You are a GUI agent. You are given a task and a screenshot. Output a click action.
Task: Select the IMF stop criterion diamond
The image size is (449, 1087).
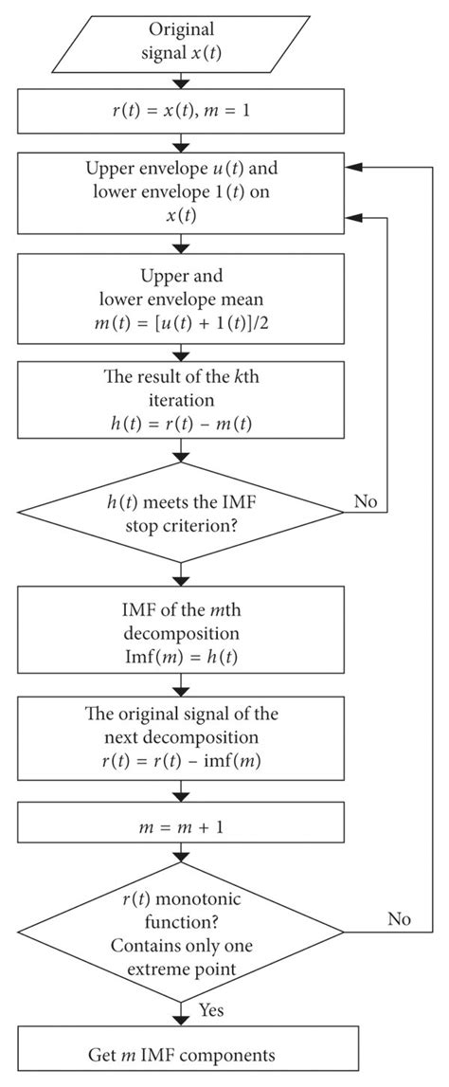point(180,516)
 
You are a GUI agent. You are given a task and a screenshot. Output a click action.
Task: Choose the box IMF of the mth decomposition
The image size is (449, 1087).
point(180,622)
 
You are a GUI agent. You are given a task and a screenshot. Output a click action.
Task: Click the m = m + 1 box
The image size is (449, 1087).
point(180,816)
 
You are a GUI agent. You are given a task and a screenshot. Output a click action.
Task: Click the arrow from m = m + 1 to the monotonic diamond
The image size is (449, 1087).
point(180,849)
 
